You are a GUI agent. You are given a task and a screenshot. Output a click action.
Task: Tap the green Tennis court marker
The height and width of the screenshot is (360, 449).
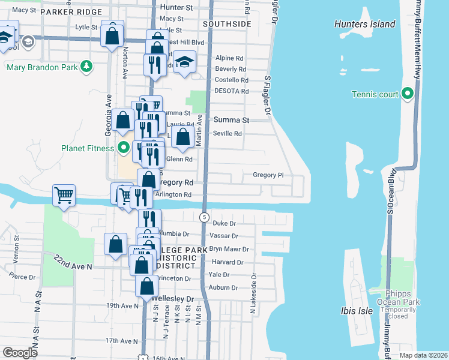(x=408, y=94)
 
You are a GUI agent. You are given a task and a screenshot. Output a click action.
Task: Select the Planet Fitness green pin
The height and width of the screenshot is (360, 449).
(x=124, y=148)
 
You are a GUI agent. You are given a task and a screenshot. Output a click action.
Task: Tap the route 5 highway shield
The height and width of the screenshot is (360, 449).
(x=205, y=217)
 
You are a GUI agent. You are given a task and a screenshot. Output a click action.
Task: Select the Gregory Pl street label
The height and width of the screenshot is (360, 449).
(x=268, y=175)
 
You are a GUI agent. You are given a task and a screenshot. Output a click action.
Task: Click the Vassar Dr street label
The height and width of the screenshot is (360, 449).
(x=226, y=236)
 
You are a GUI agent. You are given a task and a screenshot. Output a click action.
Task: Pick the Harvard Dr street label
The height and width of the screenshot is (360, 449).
(x=228, y=262)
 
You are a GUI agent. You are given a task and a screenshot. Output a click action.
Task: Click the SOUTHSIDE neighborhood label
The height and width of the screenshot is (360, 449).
(x=227, y=24)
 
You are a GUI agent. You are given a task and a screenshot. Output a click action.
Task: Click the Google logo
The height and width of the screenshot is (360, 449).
(x=20, y=352)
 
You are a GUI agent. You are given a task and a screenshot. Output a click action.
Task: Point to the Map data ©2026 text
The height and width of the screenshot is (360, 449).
(x=423, y=355)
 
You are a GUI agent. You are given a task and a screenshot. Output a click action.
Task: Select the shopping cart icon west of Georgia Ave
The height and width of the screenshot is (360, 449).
(x=64, y=194)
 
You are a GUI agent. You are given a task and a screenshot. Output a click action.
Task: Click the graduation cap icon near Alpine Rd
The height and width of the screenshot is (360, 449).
(x=185, y=62)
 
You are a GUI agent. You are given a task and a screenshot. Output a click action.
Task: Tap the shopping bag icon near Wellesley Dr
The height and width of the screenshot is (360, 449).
(x=146, y=286)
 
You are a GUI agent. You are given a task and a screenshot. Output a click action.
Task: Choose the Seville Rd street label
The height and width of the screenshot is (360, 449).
(x=228, y=134)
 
